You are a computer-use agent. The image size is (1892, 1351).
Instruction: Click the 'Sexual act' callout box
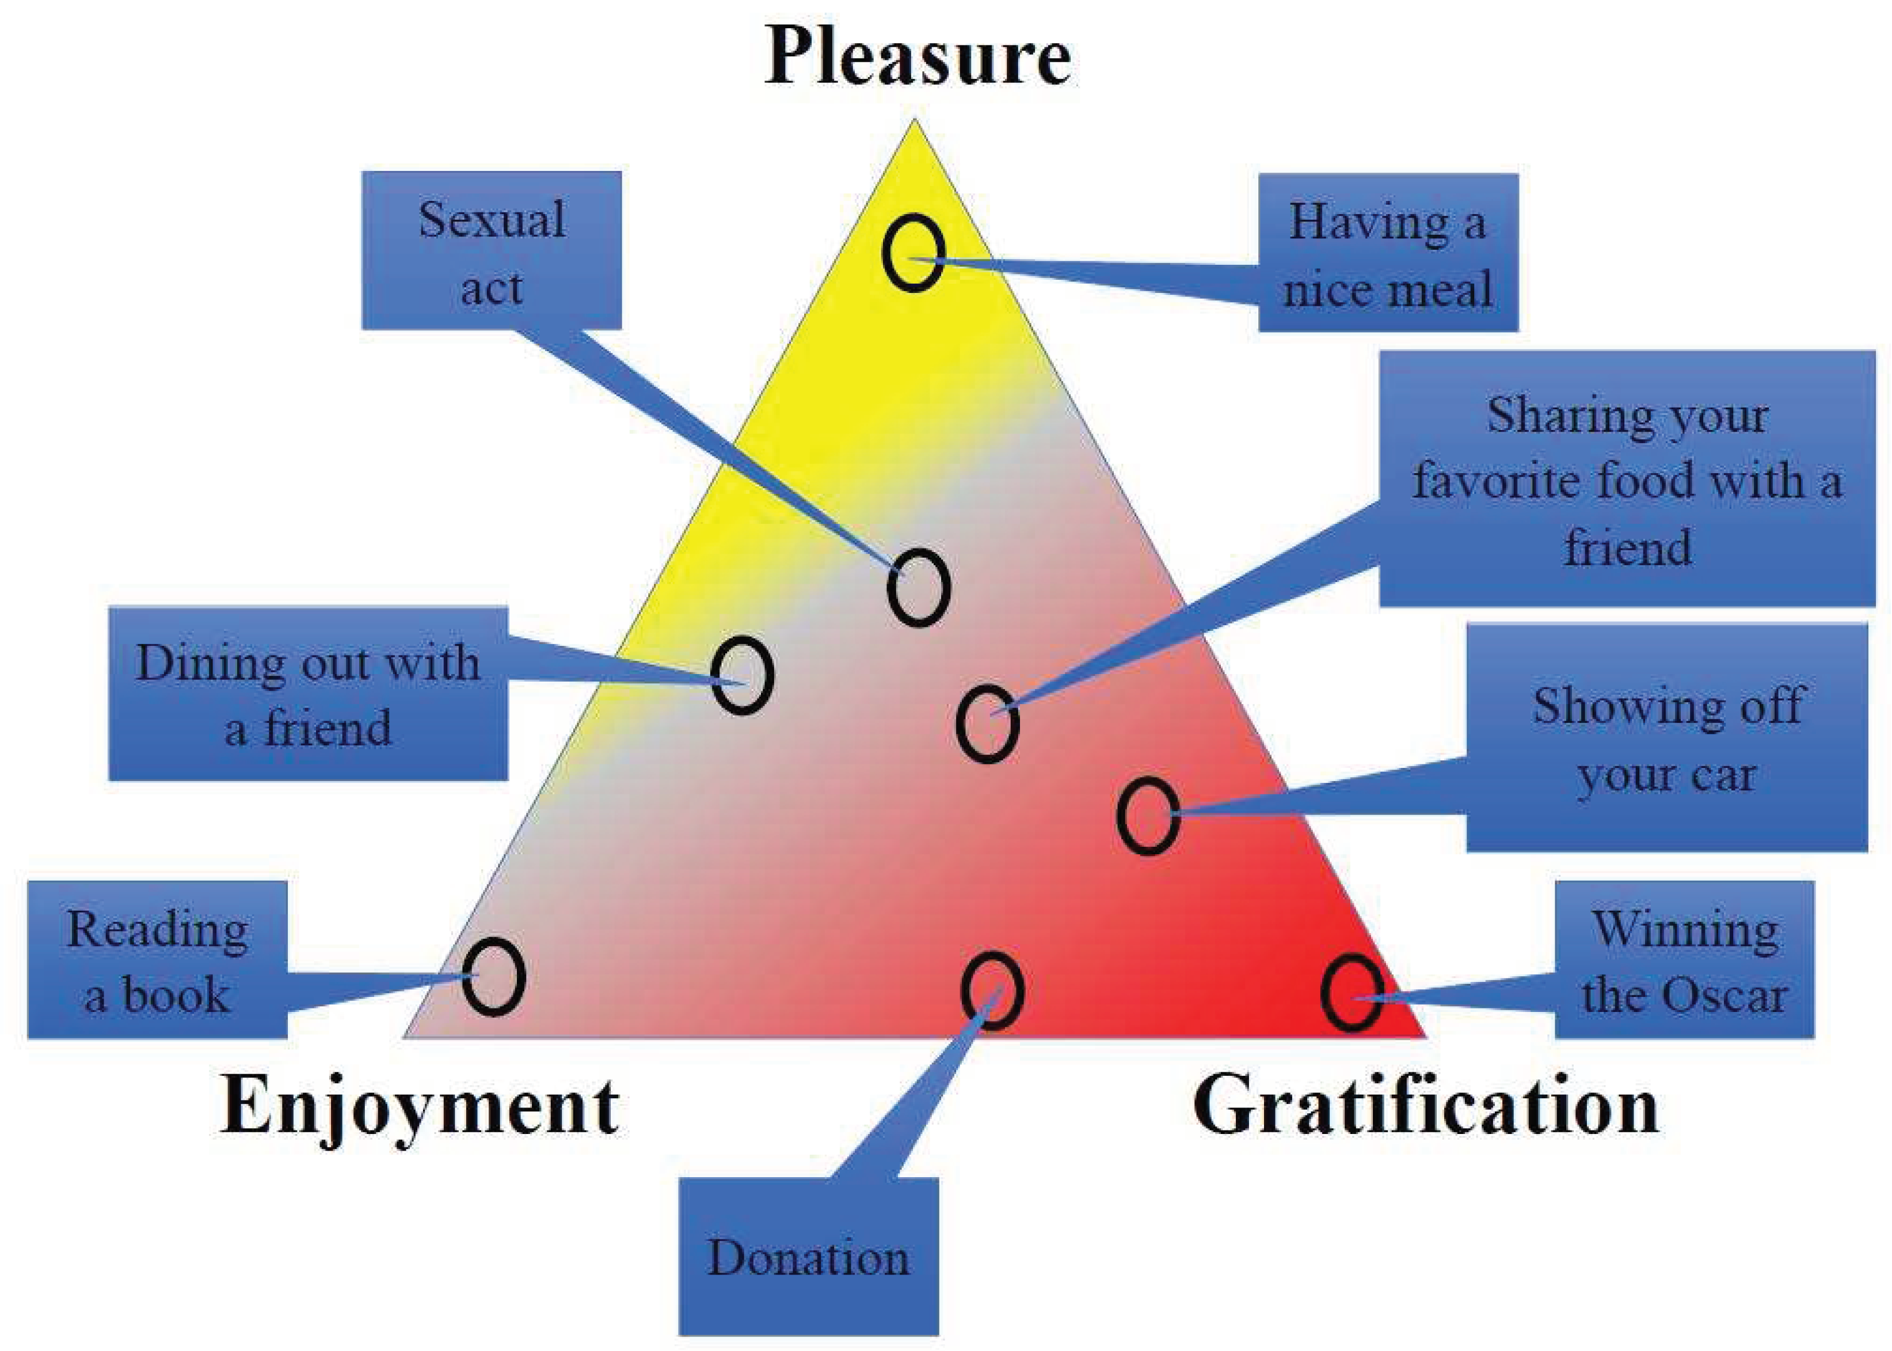[492, 250]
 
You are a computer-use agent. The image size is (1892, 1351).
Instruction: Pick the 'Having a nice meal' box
[1387, 253]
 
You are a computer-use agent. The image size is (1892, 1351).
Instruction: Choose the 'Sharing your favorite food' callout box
[1627, 478]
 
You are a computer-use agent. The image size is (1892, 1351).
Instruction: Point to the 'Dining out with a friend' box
[308, 694]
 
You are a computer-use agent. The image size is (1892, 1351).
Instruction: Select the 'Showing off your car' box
[1666, 738]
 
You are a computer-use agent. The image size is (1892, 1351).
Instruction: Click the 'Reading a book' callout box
[157, 960]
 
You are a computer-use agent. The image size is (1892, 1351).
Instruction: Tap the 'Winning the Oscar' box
[1684, 960]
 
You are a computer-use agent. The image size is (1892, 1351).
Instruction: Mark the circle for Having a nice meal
[913, 253]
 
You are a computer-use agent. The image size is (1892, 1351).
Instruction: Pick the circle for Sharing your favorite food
[987, 724]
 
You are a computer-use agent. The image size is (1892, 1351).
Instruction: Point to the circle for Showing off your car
[1148, 815]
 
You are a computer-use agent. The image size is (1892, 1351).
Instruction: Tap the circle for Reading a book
[493, 977]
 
